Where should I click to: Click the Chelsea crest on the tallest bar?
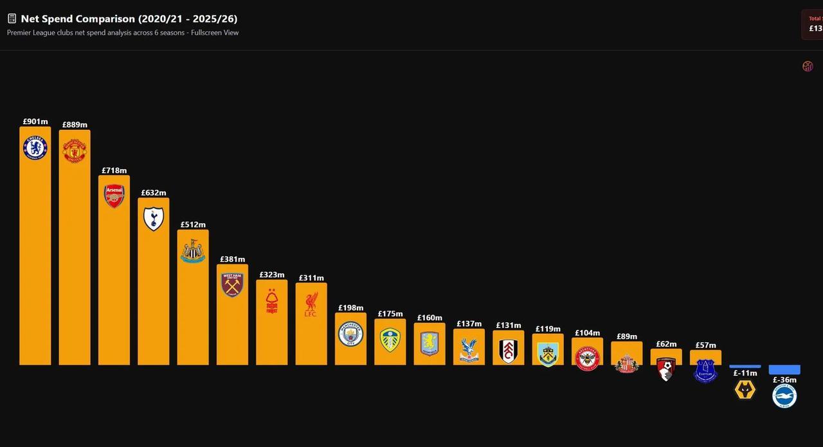click(35, 148)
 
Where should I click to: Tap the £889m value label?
click(75, 125)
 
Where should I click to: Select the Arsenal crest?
click(114, 196)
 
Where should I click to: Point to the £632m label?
click(153, 193)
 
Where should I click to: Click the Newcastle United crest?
click(193, 251)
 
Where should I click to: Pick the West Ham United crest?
click(232, 284)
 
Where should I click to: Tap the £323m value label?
click(271, 275)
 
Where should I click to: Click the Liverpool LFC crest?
click(311, 304)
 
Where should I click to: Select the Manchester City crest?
click(350, 334)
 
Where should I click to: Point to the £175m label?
click(390, 314)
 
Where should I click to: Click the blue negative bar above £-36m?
click(784, 370)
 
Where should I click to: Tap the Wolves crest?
click(745, 389)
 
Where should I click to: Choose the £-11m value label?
click(745, 373)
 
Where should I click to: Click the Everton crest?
click(705, 370)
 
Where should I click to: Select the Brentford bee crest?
click(587, 358)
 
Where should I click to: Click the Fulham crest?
click(509, 351)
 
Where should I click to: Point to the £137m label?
click(469, 324)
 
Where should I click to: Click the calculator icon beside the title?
click(12, 19)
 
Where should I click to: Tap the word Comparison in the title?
click(100, 19)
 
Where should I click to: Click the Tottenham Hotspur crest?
click(153, 219)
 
